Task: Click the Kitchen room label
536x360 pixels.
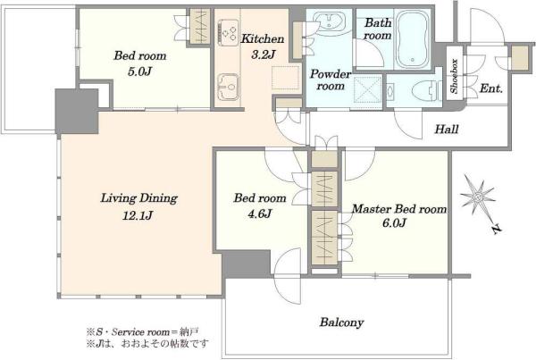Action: click(263, 38)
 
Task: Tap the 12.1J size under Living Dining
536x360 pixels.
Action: click(138, 215)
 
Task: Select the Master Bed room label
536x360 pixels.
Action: click(399, 208)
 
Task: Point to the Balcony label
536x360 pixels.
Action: click(341, 322)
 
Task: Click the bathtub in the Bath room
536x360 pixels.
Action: click(413, 38)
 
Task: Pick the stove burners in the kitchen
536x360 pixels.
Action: click(229, 32)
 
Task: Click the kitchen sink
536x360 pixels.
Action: click(228, 87)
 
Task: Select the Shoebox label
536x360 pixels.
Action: click(454, 76)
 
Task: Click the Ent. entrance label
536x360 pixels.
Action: click(490, 88)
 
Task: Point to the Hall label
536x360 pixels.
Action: click(447, 129)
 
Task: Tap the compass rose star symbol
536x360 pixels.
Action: click(478, 197)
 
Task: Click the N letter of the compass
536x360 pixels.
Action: click(496, 230)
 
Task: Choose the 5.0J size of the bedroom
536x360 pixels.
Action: click(139, 71)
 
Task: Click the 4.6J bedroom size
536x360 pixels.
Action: click(259, 213)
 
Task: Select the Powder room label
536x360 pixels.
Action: click(330, 80)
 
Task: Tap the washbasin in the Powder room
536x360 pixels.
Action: click(329, 21)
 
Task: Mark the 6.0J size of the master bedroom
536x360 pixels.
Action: click(394, 223)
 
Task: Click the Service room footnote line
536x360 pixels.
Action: click(143, 331)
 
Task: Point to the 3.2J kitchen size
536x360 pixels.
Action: click(263, 54)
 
